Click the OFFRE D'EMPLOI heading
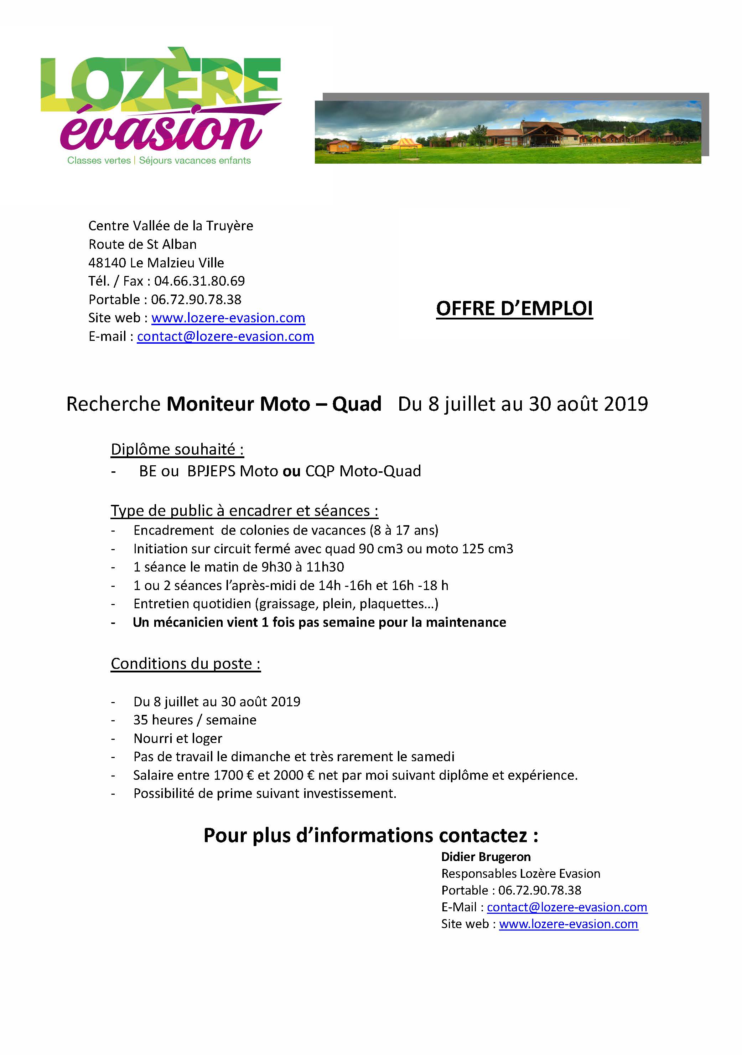[514, 309]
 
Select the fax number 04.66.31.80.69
[199, 281]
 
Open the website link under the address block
[228, 318]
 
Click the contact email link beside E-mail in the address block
[225, 336]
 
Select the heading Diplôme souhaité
[177, 449]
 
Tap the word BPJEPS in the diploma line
[212, 471]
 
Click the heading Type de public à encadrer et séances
[244, 511]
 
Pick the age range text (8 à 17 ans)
[404, 530]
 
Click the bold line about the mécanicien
[319, 622]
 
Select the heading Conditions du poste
[186, 664]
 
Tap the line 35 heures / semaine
[195, 720]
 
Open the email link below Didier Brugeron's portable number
[567, 907]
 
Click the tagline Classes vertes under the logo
[99, 160]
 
